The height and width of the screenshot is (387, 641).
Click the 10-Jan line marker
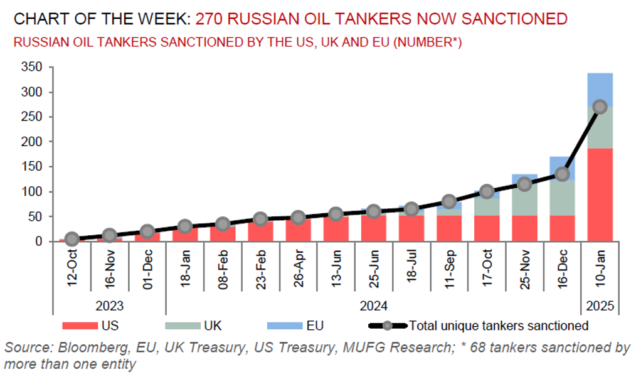[600, 107]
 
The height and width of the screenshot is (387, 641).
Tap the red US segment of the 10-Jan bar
[600, 194]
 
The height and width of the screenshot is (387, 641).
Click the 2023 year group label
[110, 307]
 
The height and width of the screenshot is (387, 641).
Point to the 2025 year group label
[600, 307]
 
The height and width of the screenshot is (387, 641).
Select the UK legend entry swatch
[181, 326]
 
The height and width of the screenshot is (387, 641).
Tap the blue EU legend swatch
[283, 326]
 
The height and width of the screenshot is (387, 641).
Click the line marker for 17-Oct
[487, 191]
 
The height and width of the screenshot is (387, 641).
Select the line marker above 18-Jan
[185, 226]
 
